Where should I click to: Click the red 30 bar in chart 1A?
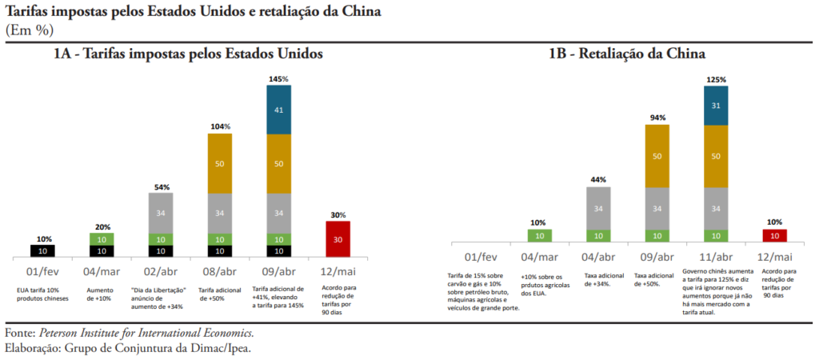[338, 238]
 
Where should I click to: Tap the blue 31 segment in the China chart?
[716, 106]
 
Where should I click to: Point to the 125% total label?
[716, 80]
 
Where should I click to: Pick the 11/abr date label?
[716, 257]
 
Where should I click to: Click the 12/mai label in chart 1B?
[774, 257]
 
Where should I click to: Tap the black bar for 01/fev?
[44, 250]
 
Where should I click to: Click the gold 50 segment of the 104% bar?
[220, 163]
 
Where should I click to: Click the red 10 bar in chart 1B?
[774, 235]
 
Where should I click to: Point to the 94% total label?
[657, 118]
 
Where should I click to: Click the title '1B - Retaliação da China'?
[626, 54]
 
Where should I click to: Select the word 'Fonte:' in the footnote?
[19, 332]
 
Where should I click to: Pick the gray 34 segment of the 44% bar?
[599, 208]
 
